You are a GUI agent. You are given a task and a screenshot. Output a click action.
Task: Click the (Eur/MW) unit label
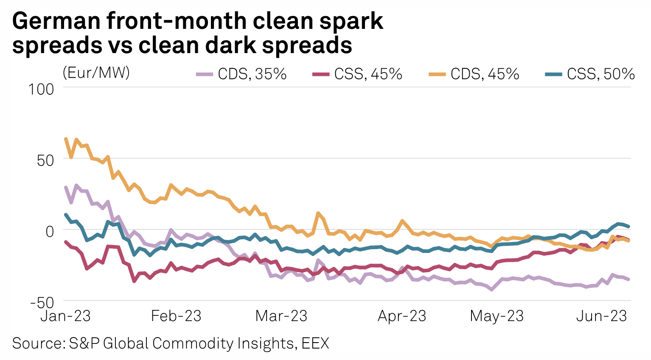[x=96, y=73]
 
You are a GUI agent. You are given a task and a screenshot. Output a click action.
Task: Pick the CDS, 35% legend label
[x=252, y=74]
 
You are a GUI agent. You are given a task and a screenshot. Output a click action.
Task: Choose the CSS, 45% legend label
[x=368, y=74]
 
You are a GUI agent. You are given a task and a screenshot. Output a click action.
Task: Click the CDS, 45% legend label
[x=485, y=74]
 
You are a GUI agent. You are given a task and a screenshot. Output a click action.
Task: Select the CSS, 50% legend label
[x=600, y=74]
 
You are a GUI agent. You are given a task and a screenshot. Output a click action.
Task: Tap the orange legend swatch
[x=437, y=75]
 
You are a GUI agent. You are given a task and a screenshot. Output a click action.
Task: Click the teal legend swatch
[x=553, y=75]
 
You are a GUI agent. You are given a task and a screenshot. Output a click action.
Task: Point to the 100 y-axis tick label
[x=41, y=89]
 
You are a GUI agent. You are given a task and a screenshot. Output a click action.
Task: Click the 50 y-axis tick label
[x=46, y=160]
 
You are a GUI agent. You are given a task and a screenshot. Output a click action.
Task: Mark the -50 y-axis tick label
[x=42, y=303]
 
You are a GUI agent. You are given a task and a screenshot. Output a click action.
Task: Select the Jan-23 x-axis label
[x=66, y=316]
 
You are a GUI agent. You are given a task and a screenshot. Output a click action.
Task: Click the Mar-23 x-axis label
[x=281, y=316]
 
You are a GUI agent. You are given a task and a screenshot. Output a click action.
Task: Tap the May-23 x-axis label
[x=497, y=316]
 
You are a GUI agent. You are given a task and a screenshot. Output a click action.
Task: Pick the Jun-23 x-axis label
[x=601, y=316]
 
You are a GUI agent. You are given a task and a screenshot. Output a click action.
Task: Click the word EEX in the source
[x=315, y=343]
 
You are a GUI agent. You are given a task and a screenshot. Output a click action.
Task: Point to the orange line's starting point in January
[x=66, y=139]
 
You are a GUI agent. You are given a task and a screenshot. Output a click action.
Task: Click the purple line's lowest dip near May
[x=491, y=290]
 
